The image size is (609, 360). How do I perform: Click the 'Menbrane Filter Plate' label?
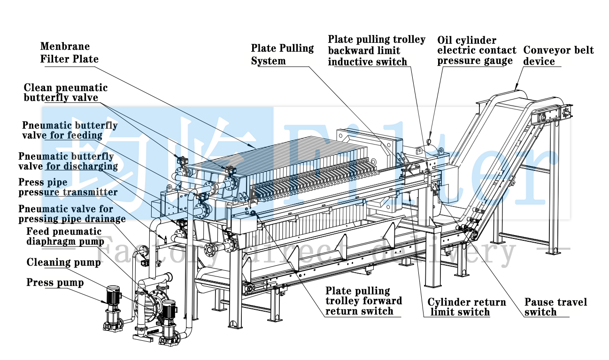(69, 53)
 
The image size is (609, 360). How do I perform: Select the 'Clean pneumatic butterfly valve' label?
(65, 93)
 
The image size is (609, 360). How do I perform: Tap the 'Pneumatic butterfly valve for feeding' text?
(69, 130)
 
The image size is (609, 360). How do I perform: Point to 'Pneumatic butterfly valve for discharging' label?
(68, 161)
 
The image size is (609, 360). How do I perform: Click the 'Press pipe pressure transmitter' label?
(68, 187)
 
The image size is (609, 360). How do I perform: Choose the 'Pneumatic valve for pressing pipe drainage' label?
(72, 214)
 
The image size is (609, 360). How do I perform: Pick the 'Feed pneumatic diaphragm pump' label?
(65, 236)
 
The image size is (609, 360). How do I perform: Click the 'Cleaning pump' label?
(63, 262)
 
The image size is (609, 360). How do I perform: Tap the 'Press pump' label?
(55, 283)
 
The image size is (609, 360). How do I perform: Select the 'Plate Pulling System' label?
(282, 54)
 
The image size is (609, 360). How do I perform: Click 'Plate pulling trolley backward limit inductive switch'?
(376, 51)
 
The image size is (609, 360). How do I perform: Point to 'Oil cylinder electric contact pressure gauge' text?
(476, 50)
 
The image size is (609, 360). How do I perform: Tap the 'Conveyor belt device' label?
(558, 56)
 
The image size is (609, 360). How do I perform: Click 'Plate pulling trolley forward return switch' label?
(363, 301)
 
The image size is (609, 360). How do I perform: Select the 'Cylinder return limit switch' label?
(466, 307)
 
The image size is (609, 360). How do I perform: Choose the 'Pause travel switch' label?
(555, 307)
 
